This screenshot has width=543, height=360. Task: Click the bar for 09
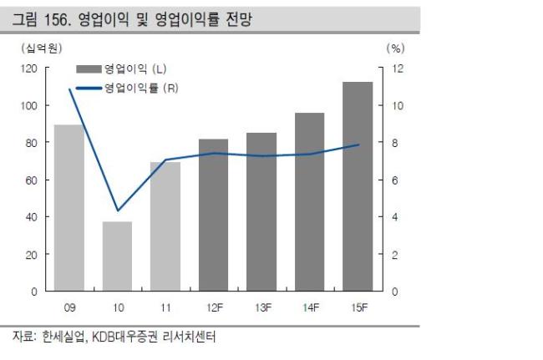coord(69,208)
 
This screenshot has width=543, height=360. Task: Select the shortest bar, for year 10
coord(118,256)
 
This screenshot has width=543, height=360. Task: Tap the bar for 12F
coord(213,215)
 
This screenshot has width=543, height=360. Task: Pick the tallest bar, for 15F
coord(358,186)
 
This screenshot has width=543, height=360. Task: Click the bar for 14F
coord(310,202)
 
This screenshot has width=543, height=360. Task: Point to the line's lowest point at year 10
coord(118,210)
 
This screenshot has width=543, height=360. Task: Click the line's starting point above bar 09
coord(70,89)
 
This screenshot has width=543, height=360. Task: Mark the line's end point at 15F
coord(358,145)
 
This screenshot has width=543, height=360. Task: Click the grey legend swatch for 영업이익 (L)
coord(89,68)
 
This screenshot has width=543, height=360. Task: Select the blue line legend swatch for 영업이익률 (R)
coord(89,89)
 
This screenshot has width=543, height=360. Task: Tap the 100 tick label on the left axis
coord(29,105)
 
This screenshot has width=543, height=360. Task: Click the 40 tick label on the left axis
coord(31,217)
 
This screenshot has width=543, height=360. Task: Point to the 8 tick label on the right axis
coord(394,143)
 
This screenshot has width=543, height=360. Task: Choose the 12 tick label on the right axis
coord(398,68)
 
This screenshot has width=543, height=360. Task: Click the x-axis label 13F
coord(263,307)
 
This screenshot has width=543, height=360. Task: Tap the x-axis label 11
coord(165,307)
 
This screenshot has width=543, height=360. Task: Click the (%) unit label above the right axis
coord(395,48)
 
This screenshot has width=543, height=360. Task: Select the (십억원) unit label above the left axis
coord(42,48)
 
